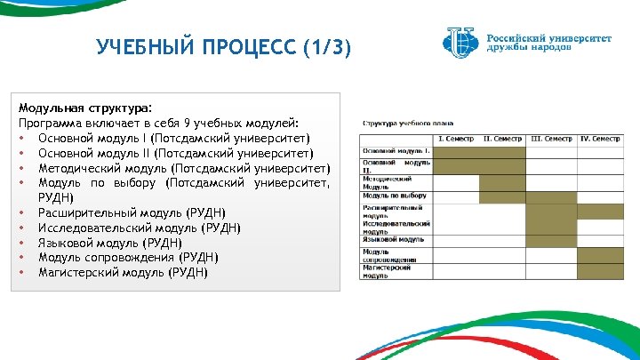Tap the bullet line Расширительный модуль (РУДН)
pos(132,212)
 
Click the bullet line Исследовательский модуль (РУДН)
pos(140,228)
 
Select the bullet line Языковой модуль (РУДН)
pos(110,243)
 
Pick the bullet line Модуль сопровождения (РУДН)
pos(128,257)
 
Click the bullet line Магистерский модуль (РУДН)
pos(123,272)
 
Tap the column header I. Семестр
pos(455,139)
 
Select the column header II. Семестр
pos(502,139)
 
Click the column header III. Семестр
pos(550,139)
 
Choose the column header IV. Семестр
pos(598,139)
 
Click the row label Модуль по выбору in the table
pos(395,195)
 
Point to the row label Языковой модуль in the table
pos(393,239)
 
